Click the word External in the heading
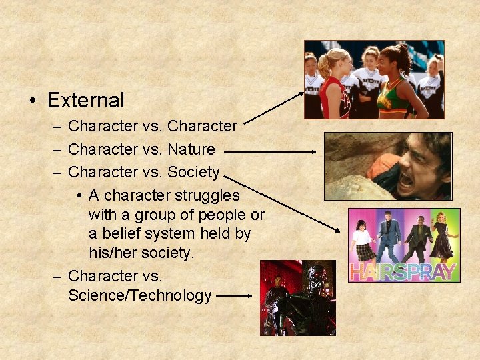(x=86, y=101)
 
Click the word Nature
(x=191, y=149)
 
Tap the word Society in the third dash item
(x=193, y=172)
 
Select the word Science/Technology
(x=139, y=295)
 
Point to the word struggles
(x=207, y=195)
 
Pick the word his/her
(x=113, y=253)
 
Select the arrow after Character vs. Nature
(x=270, y=152)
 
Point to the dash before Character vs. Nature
(x=57, y=149)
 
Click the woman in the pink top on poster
(x=363, y=237)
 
